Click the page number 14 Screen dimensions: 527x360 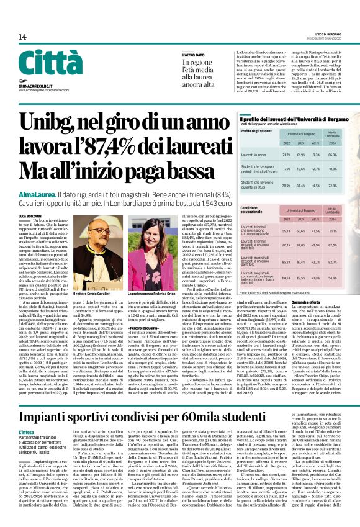click(x=22, y=37)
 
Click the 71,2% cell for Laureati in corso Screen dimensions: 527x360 click(x=287, y=155)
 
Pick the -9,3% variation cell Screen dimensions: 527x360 click(x=316, y=155)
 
